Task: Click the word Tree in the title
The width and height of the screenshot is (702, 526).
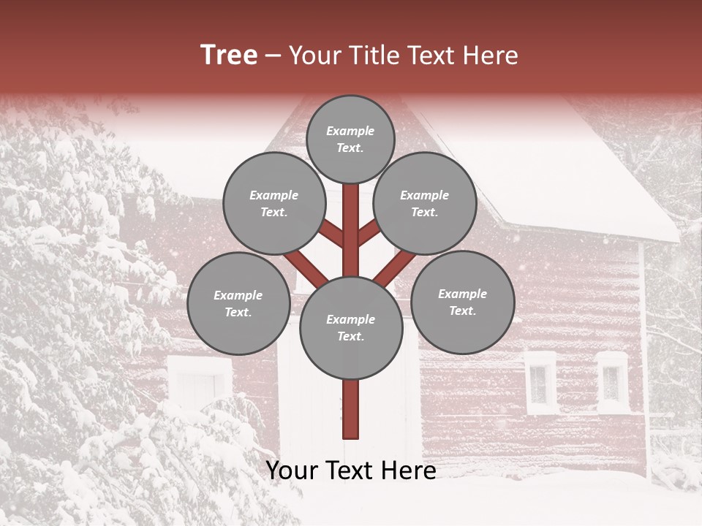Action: (229, 56)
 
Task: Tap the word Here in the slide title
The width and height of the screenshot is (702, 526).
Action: (490, 56)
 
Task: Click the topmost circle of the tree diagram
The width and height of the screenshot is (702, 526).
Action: (350, 139)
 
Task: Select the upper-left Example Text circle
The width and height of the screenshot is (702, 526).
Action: (274, 203)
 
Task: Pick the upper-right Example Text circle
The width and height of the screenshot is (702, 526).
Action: (425, 203)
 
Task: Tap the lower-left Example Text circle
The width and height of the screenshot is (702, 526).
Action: (238, 303)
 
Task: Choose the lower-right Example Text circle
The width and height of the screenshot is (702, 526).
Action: (462, 302)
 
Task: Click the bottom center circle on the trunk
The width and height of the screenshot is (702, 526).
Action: (351, 327)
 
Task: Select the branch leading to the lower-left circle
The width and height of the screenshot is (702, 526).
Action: (306, 269)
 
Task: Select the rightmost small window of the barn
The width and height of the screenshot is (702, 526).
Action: (612, 381)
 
